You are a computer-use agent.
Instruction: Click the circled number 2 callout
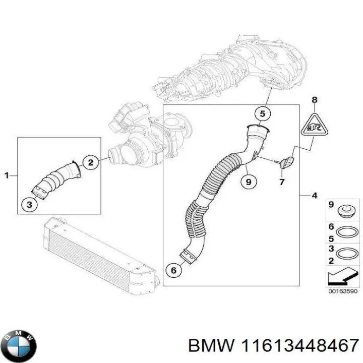(x=90, y=162)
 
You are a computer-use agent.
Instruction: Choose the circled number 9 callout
(x=248, y=181)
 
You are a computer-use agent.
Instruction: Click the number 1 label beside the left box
(x=7, y=175)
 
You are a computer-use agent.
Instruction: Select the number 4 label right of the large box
(x=314, y=195)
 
